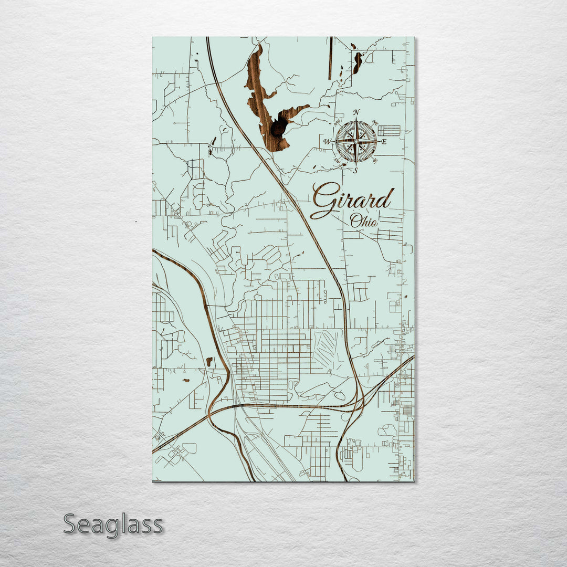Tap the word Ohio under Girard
(364, 221)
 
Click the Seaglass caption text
(113, 524)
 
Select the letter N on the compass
(356, 112)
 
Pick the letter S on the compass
(356, 171)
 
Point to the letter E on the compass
(384, 142)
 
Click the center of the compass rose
(356, 141)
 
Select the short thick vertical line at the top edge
(331, 58)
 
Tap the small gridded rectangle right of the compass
(389, 130)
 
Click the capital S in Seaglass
(72, 524)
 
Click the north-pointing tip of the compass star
(356, 122)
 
